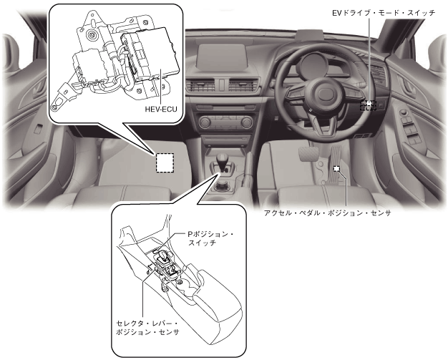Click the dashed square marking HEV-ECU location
(165, 163)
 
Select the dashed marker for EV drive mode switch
(368, 104)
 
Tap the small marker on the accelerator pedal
(336, 169)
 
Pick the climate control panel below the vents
(226, 122)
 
